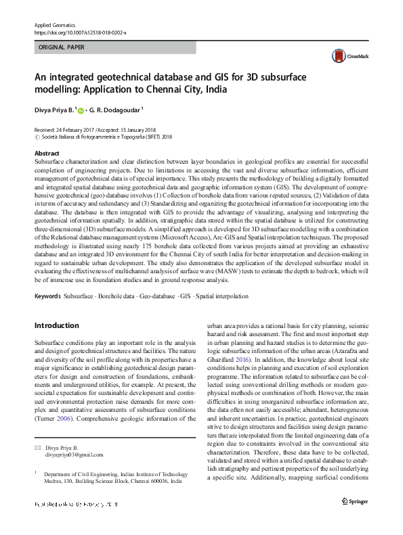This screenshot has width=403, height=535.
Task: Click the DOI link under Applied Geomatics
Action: pos(80,32)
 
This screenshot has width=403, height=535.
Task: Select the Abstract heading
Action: pos(47,154)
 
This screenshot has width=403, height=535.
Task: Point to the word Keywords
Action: pos(47,296)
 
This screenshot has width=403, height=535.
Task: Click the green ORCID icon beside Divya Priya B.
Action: pos(82,110)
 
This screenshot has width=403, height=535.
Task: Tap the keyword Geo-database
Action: pos(156,296)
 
